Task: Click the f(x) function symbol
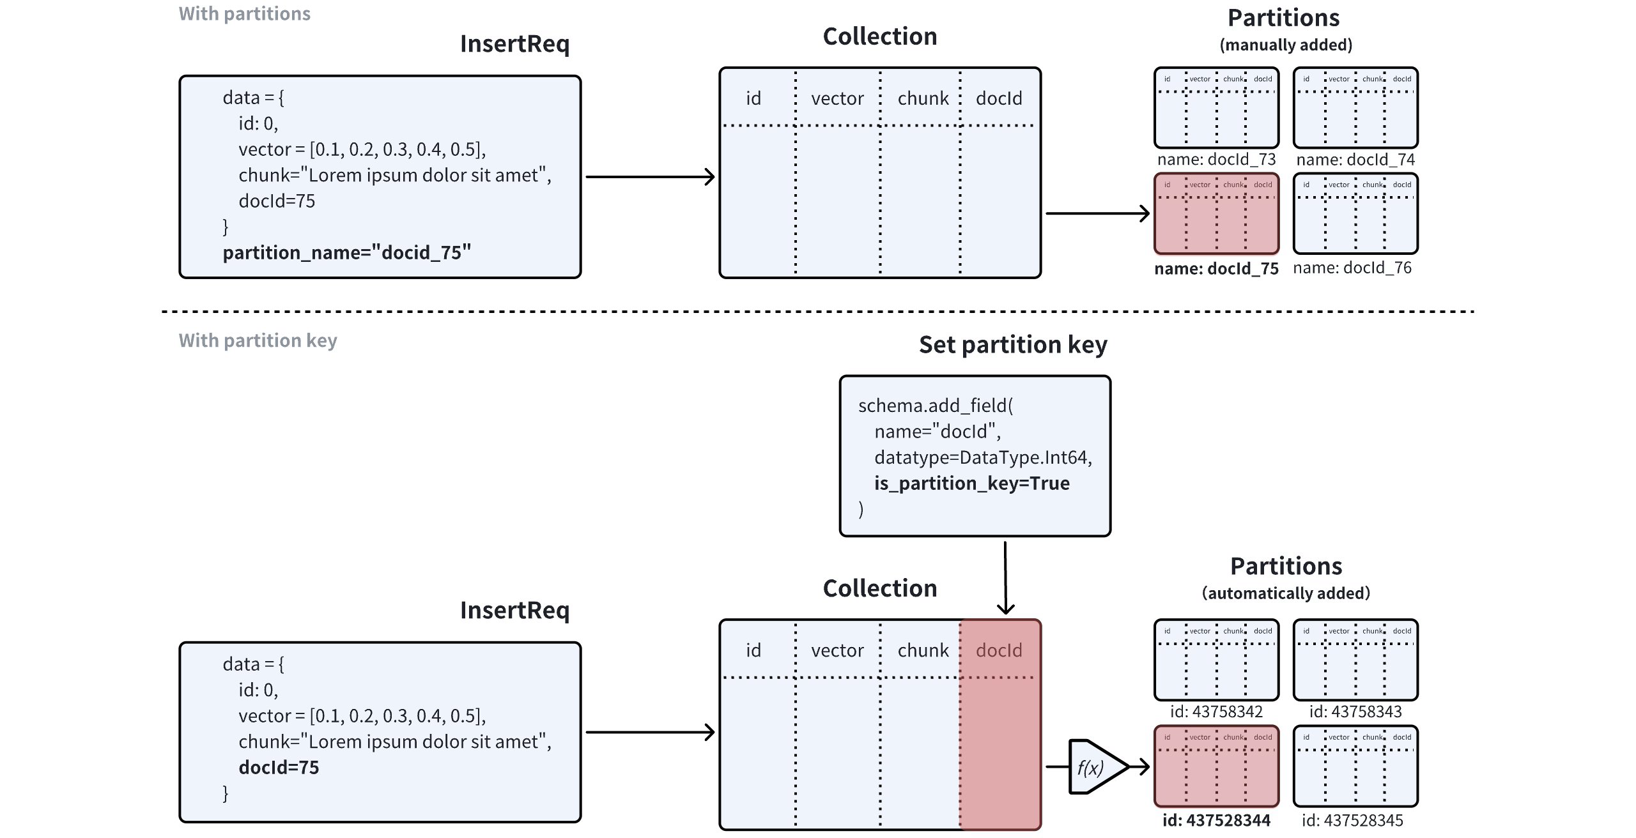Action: [1091, 767]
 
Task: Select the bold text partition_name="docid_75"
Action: [346, 252]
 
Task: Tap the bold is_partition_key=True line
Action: [971, 483]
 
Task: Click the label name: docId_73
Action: [1216, 159]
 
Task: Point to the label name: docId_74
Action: [1355, 159]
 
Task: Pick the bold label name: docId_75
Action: [1216, 268]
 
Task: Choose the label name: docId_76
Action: [1352, 268]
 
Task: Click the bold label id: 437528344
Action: [1216, 820]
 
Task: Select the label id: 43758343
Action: [1355, 712]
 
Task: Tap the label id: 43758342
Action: [1216, 712]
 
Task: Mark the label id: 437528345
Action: [1352, 820]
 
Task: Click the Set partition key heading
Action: [1013, 345]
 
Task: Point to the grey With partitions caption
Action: [244, 13]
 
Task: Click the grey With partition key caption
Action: [258, 340]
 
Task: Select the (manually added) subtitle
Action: [1286, 45]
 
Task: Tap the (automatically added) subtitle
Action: [1286, 593]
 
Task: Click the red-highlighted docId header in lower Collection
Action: [999, 650]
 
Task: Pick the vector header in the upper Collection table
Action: [837, 98]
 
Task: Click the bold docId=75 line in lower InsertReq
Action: [279, 767]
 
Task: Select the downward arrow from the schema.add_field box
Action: [1005, 578]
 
